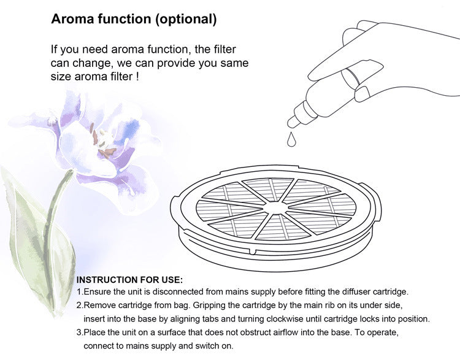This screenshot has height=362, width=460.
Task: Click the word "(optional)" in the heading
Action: click(185, 19)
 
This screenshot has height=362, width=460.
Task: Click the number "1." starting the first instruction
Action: click(80, 292)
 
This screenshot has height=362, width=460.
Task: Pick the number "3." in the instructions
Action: click(80, 333)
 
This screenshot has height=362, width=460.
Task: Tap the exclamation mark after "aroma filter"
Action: click(136, 77)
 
